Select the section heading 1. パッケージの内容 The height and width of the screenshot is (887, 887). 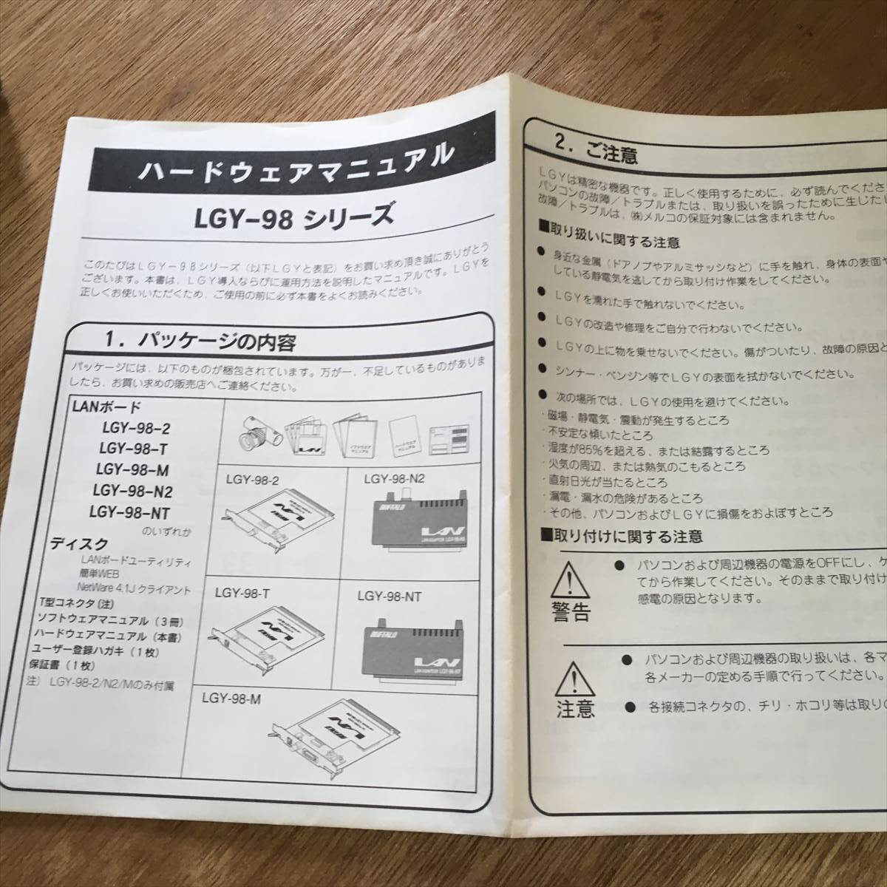(x=200, y=341)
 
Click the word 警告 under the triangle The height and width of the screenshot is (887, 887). (x=570, y=613)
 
